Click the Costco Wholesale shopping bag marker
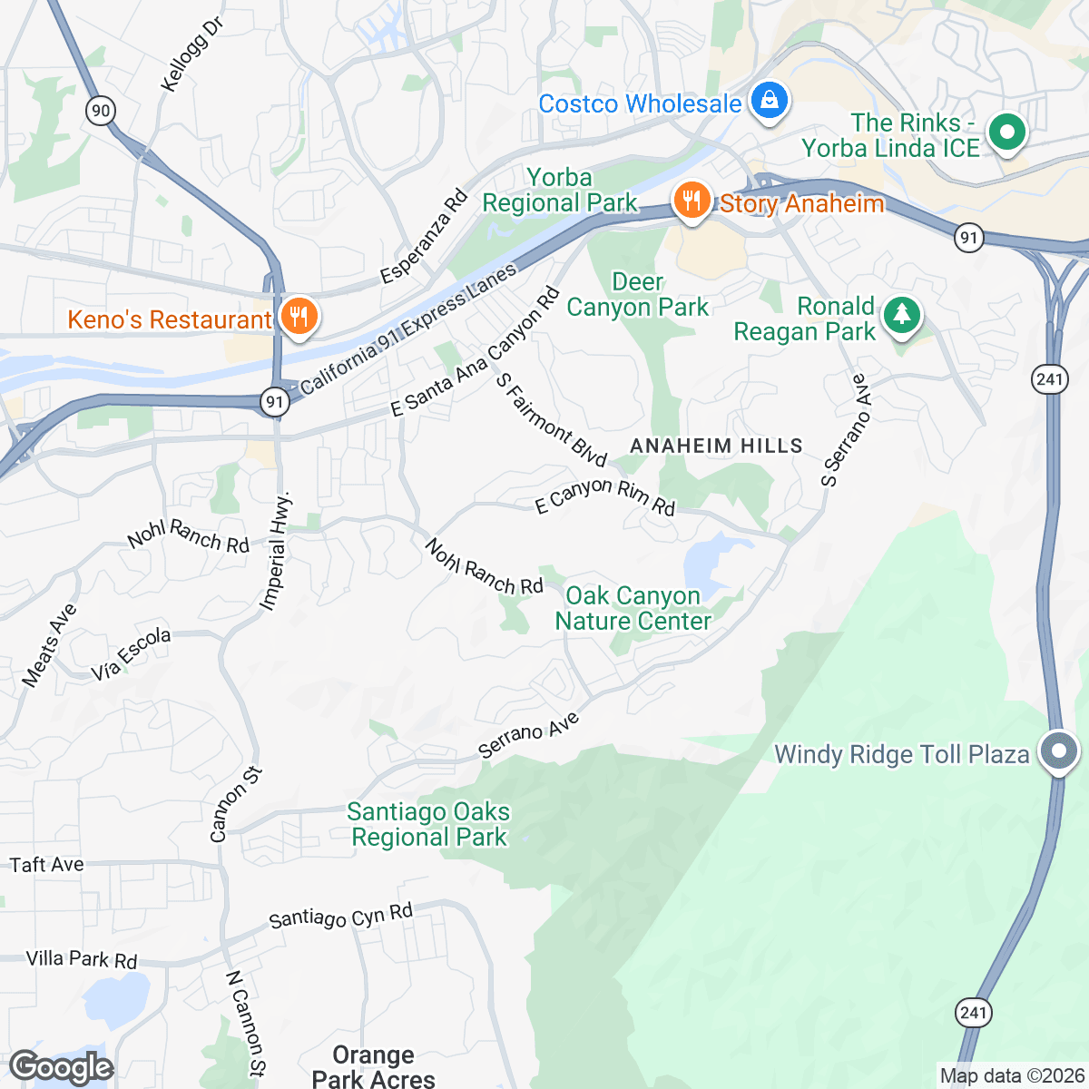(769, 101)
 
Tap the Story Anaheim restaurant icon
(692, 201)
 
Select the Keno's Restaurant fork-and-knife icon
(297, 317)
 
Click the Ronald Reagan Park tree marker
(901, 316)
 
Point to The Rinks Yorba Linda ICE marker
(1006, 133)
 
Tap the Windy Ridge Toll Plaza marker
(1058, 751)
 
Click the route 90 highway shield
(100, 112)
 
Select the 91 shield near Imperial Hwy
(274, 401)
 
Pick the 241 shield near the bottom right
(972, 1013)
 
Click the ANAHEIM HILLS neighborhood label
(716, 446)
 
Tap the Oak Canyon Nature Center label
(633, 608)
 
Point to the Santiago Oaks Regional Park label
(428, 824)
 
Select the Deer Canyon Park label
(637, 295)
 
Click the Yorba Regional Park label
(560, 190)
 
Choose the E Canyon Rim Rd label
(605, 495)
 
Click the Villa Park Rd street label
(82, 959)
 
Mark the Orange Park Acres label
(373, 1066)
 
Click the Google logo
(62, 1067)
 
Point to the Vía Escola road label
(131, 653)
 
